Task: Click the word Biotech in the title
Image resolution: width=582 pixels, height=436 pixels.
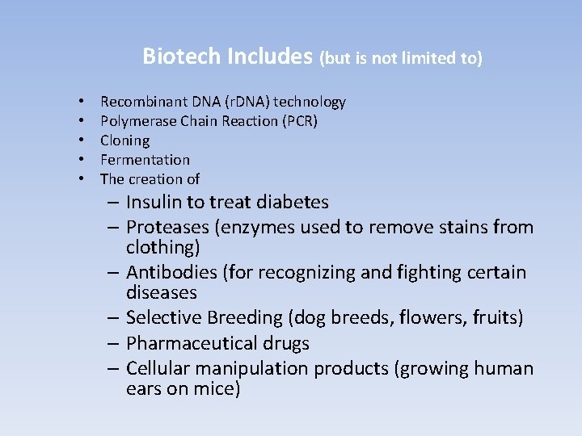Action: (183, 56)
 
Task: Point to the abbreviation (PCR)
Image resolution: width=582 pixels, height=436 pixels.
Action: (294, 121)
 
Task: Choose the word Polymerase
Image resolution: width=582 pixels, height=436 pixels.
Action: (134, 121)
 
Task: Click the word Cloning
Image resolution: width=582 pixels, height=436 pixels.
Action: (124, 140)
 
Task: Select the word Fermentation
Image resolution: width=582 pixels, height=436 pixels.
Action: (145, 160)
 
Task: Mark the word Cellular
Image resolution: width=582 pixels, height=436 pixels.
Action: (159, 369)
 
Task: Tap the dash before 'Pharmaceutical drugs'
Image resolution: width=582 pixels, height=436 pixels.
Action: (113, 343)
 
